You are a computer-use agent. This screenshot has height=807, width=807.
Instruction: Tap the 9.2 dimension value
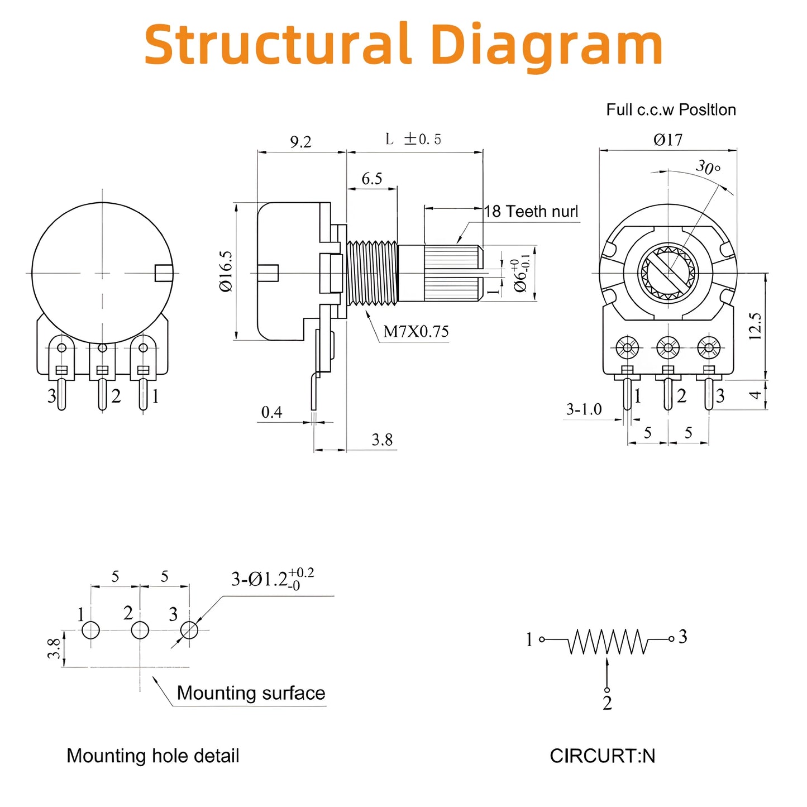tap(300, 142)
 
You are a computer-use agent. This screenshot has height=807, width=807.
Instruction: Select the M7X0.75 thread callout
tap(416, 332)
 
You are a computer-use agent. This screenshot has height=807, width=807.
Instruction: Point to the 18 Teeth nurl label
tap(531, 212)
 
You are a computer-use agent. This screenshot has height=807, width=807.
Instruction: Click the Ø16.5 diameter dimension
tap(226, 271)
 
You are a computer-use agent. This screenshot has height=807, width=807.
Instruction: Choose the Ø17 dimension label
tap(668, 140)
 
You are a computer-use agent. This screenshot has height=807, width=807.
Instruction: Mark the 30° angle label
tap(708, 167)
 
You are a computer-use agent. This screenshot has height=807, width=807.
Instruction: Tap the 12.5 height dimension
tap(755, 326)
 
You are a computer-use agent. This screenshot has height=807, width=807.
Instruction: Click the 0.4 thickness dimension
tap(272, 412)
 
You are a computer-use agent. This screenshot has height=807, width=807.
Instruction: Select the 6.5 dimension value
tap(372, 179)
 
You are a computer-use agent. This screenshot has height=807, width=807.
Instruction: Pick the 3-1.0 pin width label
tap(584, 409)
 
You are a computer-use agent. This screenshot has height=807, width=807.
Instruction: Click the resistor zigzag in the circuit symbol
tap(608, 642)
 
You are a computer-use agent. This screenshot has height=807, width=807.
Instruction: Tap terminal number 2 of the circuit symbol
tap(608, 703)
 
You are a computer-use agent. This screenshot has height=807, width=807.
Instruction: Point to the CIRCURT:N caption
tap(602, 756)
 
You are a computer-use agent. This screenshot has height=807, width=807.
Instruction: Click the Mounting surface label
tap(251, 693)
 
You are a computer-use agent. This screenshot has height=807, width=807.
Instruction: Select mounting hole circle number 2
tap(140, 631)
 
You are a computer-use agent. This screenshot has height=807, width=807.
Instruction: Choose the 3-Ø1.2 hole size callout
tap(273, 579)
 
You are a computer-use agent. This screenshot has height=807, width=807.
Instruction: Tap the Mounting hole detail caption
tap(153, 756)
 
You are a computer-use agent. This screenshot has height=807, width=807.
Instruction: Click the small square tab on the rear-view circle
tap(163, 273)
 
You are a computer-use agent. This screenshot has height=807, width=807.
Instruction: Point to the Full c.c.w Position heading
tap(671, 109)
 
